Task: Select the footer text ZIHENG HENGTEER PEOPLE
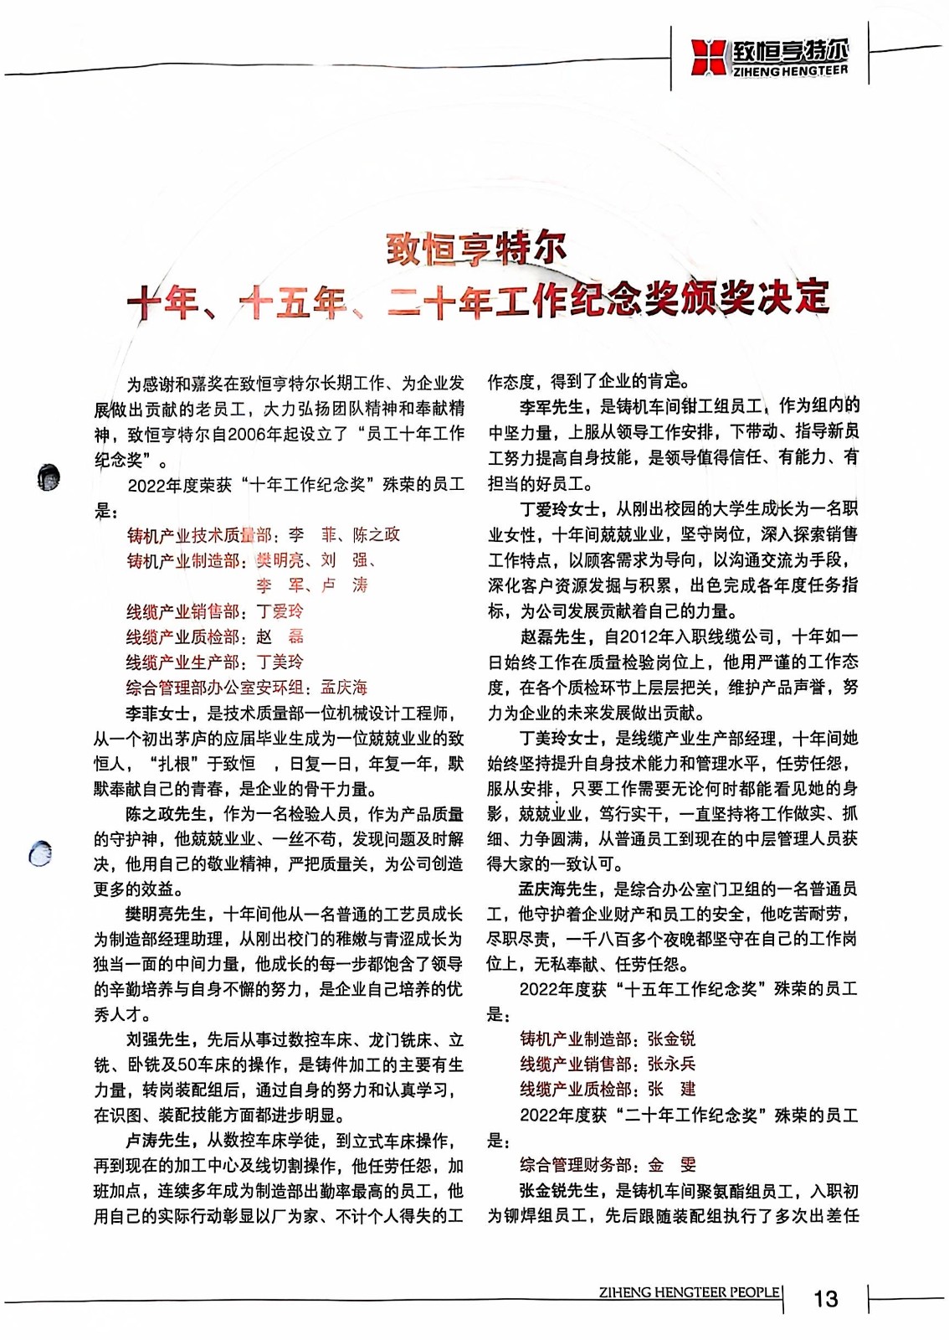pos(689,1291)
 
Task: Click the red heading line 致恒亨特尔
pos(476,249)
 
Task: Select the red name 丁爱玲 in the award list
pos(280,611)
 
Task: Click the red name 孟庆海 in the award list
pos(344,688)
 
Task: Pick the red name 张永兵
pos(671,1064)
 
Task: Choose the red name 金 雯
pos(671,1164)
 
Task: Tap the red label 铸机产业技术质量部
pos(199,535)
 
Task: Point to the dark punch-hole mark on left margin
pos(49,477)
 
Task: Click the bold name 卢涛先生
pos(157,1140)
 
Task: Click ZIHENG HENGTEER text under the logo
pos(789,70)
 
